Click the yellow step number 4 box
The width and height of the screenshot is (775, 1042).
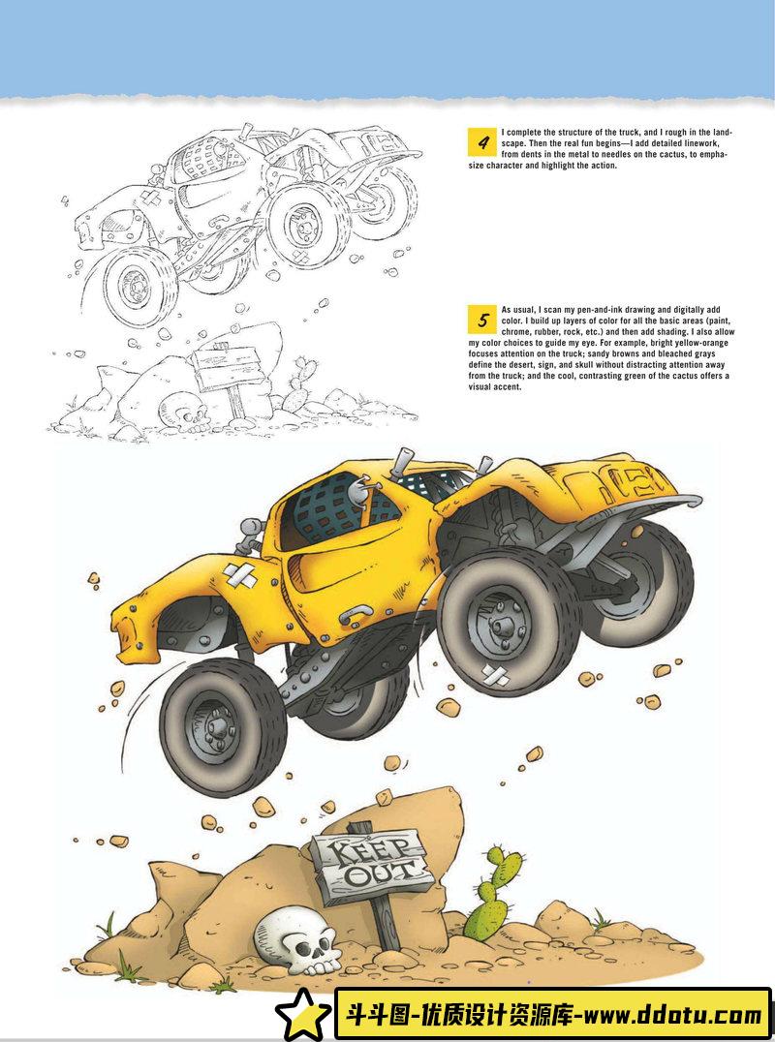[481, 142]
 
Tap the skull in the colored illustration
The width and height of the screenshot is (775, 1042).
[297, 939]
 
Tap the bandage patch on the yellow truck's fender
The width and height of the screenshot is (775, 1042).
[240, 575]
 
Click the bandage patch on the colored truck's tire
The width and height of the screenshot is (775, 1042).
[495, 676]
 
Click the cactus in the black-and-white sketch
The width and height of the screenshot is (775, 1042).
[297, 384]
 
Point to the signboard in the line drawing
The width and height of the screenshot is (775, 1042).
[225, 366]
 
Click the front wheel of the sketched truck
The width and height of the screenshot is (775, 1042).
[139, 287]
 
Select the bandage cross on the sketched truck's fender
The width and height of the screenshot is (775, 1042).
[151, 198]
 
